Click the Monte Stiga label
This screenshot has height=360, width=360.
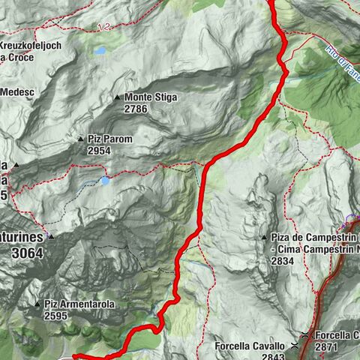coord(151,97)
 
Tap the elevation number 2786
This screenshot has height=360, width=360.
coord(137,109)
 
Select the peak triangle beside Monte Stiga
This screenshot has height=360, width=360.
coord(117,97)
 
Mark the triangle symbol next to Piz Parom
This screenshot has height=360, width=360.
coord(80,139)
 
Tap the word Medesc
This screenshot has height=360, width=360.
coord(19,91)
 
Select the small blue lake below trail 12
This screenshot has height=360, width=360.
coord(100,52)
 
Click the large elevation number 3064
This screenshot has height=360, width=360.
coord(27,253)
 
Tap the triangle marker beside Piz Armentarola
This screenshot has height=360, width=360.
coord(37,304)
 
